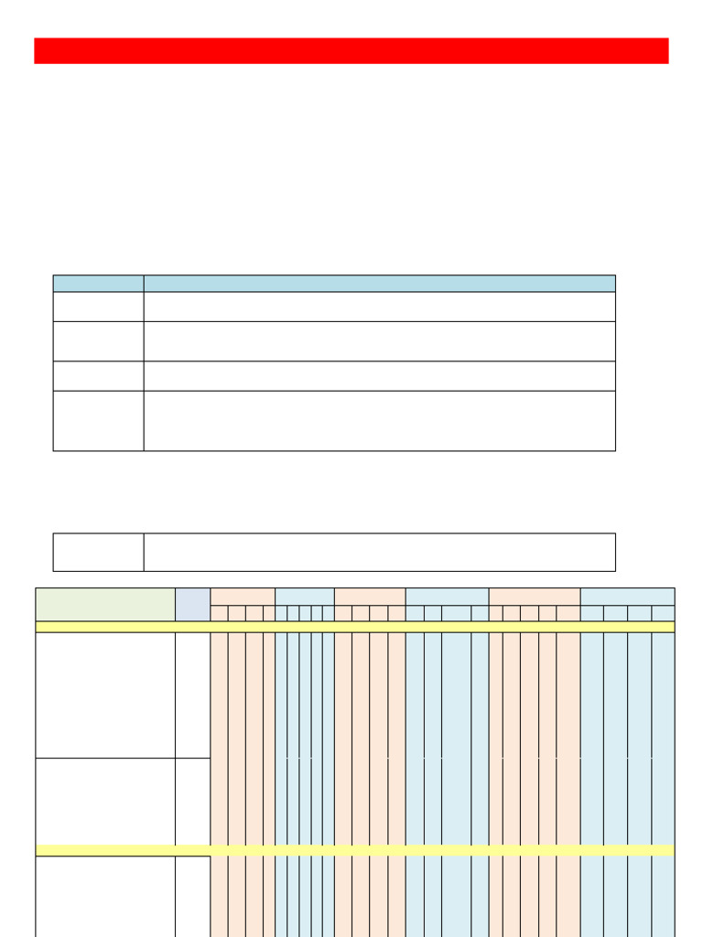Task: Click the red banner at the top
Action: pos(351,50)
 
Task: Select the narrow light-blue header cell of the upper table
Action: pos(98,283)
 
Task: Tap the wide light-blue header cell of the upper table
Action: pos(379,283)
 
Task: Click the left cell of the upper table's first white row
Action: pos(98,307)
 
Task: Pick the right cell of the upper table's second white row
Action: pos(379,340)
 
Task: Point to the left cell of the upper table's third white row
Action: pos(98,375)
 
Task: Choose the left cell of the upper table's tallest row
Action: pos(98,421)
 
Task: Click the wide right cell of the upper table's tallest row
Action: pos(379,421)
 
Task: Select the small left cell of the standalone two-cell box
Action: pos(98,552)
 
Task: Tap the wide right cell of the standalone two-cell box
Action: pos(379,552)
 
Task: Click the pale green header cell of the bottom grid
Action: pos(105,604)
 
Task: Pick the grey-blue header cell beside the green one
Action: pos(192,604)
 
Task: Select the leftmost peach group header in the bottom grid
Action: pos(243,596)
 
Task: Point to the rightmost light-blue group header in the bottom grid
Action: pos(627,596)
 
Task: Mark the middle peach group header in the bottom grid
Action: pos(370,596)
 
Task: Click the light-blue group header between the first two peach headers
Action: pos(304,596)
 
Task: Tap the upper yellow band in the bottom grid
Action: pos(354,627)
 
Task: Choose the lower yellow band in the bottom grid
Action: pos(354,850)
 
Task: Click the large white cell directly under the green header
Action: pos(105,695)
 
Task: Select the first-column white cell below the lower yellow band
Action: pos(105,896)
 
